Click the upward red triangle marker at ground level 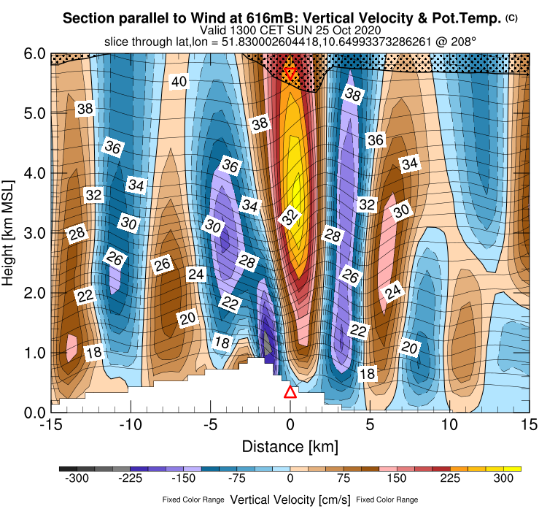tap(290, 392)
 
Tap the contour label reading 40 tap(179, 82)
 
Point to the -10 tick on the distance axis tap(131, 424)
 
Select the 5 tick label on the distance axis tap(370, 424)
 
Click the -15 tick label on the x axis tap(50, 424)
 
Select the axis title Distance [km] tap(290, 445)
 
